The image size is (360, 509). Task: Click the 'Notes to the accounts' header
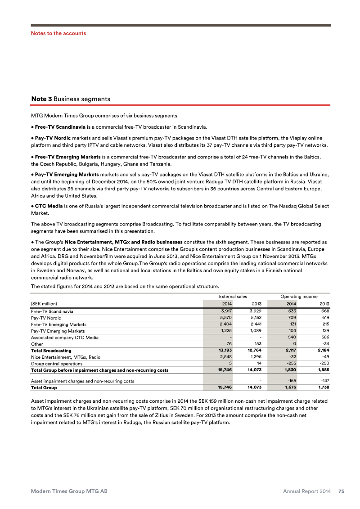(58, 33)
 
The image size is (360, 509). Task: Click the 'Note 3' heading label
(40, 99)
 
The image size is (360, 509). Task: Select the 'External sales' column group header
(233, 297)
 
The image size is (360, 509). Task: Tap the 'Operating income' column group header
(299, 297)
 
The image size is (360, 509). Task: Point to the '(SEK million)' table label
(44, 303)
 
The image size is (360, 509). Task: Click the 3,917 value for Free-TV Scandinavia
(224, 311)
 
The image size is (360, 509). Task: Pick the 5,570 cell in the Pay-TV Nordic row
(224, 317)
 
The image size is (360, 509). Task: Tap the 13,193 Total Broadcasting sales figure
(223, 350)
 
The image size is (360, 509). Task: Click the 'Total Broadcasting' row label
(51, 350)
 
